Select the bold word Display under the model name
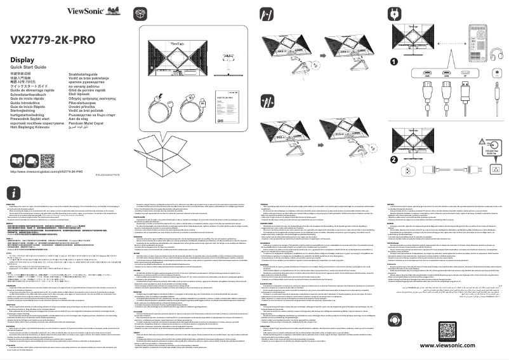(22, 60)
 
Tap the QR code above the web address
(48, 159)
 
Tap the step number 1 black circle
(393, 62)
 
